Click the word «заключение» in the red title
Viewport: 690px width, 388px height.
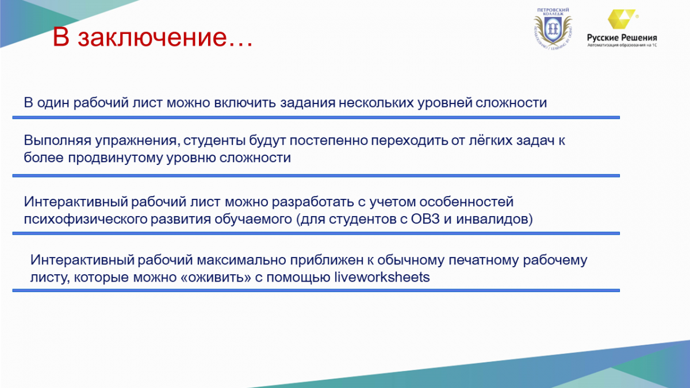[x=152, y=37]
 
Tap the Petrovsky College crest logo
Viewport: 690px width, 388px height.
[x=553, y=29]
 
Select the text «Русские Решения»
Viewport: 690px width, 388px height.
[x=622, y=38]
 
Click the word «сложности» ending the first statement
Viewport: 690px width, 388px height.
[x=511, y=102]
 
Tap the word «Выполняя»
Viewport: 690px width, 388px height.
[x=57, y=140]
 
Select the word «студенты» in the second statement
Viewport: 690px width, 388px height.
[x=214, y=141]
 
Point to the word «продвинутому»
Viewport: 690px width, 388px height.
[x=115, y=157]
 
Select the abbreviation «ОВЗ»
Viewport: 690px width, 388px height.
[x=425, y=219]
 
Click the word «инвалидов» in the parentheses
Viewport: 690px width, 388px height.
[x=492, y=219]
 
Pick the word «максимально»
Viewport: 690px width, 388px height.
[x=241, y=260]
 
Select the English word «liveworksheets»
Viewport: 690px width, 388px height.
[x=382, y=277]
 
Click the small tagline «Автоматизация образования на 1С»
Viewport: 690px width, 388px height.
[x=622, y=45]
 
